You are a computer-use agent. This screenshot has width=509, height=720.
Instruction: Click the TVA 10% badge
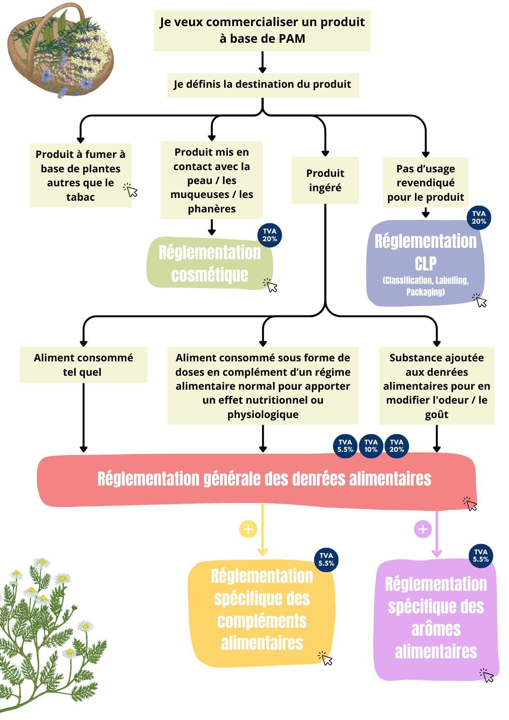click(371, 446)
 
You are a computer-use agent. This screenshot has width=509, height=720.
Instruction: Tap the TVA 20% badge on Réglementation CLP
click(479, 218)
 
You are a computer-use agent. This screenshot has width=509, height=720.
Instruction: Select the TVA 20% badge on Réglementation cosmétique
click(270, 235)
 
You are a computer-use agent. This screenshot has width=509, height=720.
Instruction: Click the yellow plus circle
click(248, 529)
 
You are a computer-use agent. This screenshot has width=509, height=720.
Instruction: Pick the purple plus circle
click(423, 529)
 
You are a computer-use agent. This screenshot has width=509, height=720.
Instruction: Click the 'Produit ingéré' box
click(325, 180)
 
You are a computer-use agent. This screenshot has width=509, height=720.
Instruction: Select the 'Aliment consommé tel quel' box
click(83, 365)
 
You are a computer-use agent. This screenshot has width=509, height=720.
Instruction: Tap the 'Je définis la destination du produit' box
click(262, 85)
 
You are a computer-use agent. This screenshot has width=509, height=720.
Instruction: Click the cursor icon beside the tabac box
click(131, 190)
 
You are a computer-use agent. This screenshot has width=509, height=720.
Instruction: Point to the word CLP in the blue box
click(425, 264)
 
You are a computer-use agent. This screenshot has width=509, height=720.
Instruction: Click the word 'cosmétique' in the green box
click(210, 275)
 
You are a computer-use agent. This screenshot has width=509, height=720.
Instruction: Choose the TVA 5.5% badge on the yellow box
click(326, 560)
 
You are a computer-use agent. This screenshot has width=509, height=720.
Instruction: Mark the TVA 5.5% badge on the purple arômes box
click(481, 556)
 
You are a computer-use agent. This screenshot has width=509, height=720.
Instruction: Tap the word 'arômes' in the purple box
click(436, 629)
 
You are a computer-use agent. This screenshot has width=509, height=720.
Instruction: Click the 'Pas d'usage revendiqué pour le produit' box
click(425, 183)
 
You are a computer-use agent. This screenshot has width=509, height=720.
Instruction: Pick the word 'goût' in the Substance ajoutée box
click(437, 415)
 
